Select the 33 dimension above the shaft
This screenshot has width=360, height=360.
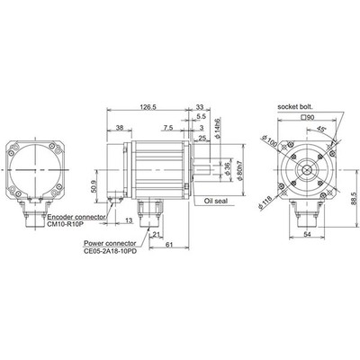tap(198, 105)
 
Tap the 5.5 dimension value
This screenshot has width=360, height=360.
tap(201, 117)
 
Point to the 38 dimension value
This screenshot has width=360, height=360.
tap(121, 129)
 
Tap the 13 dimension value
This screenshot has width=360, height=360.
tap(130, 220)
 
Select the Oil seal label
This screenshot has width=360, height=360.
tap(220, 202)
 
